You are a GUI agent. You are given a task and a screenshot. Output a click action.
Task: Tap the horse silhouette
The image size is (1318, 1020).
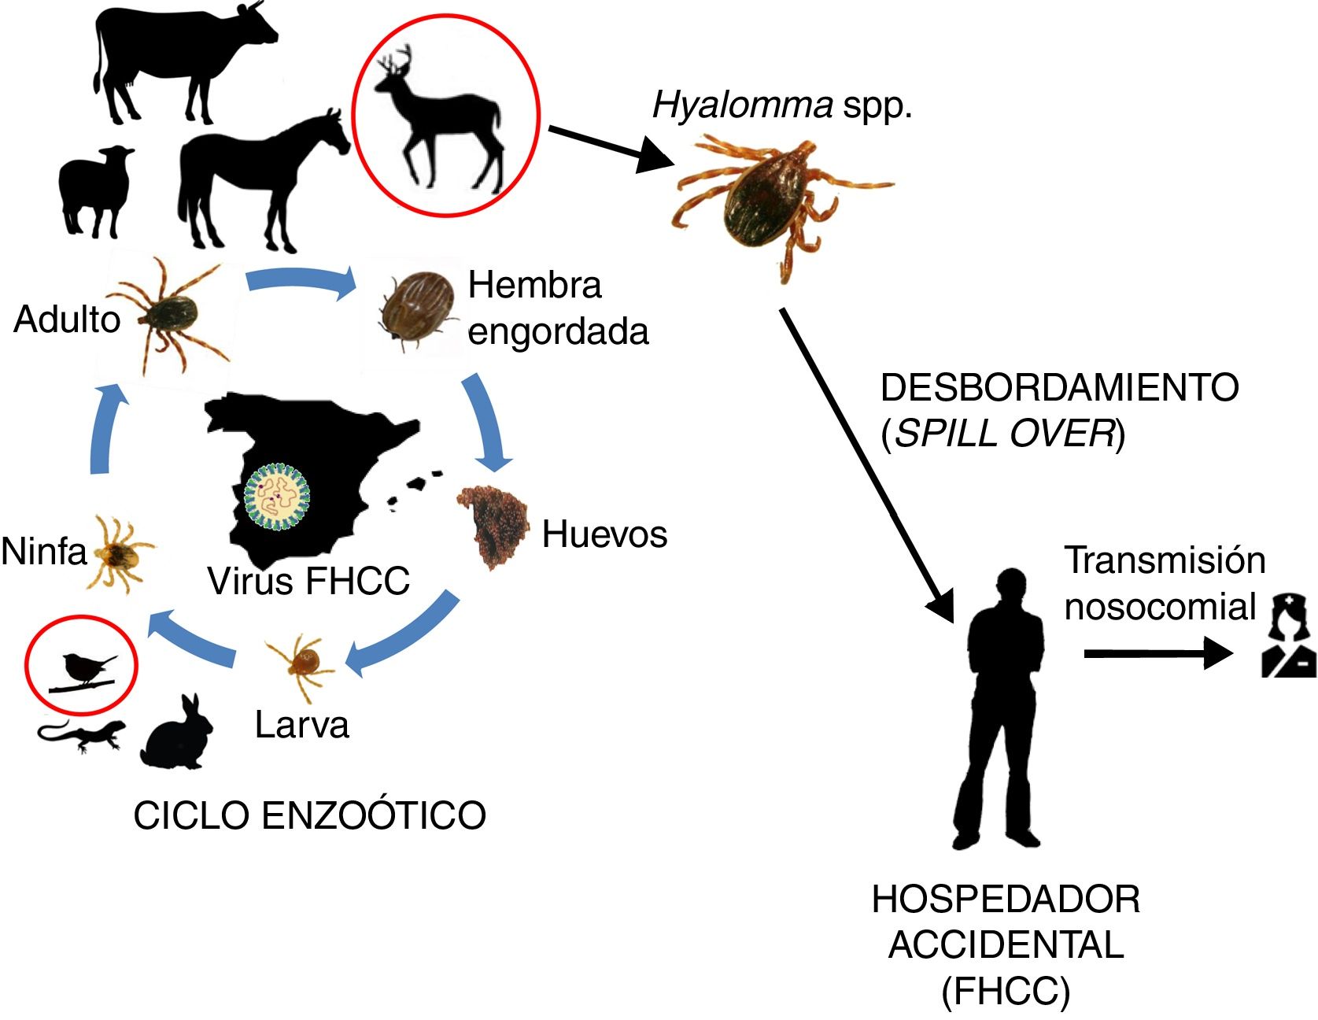coord(252,173)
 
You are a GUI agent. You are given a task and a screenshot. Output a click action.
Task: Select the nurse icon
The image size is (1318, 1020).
coord(1287,637)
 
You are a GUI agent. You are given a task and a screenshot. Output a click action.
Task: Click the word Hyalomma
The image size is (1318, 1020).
coord(742,105)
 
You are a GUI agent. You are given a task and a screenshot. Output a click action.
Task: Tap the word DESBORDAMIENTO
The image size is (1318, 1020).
coord(1059,387)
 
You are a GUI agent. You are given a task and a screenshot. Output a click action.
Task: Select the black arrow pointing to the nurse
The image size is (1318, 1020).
coord(1157,653)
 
